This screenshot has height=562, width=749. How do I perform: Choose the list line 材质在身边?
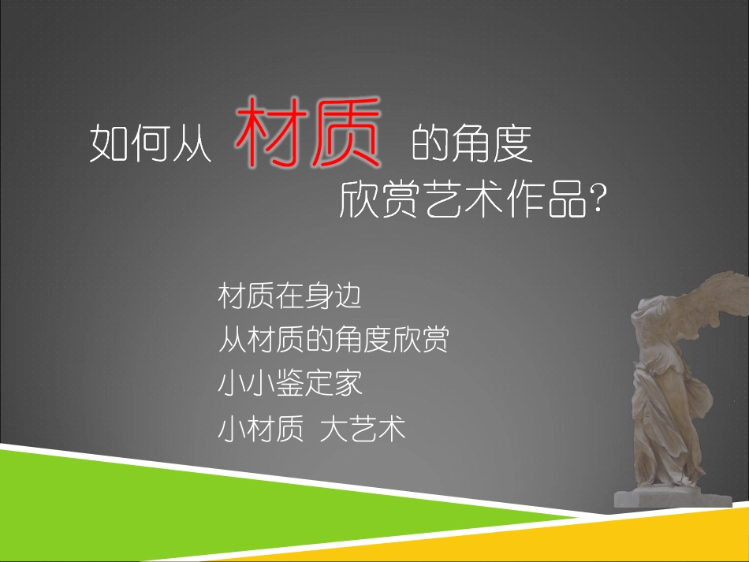(289, 297)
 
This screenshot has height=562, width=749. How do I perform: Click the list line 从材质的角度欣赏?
(334, 341)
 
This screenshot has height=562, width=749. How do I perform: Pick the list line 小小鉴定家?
(289, 385)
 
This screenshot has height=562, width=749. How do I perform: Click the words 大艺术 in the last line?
(363, 430)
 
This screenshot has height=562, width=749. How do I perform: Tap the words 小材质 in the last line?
(261, 430)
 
